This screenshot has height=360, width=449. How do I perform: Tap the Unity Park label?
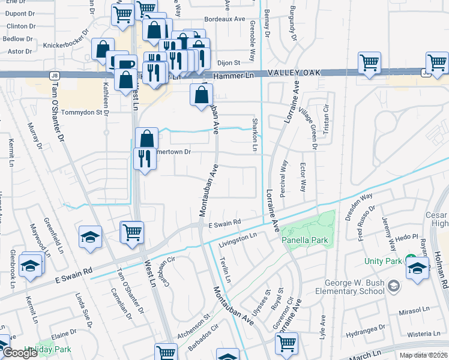click(x=382, y=262)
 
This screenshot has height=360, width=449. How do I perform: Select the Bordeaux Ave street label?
click(x=225, y=19)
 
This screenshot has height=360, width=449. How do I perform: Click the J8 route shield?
click(x=54, y=76)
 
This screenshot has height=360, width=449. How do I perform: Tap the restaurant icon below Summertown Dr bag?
click(x=145, y=159)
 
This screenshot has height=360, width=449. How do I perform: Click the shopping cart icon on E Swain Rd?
click(x=131, y=232)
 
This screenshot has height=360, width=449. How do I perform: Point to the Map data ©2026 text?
click(x=423, y=355)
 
